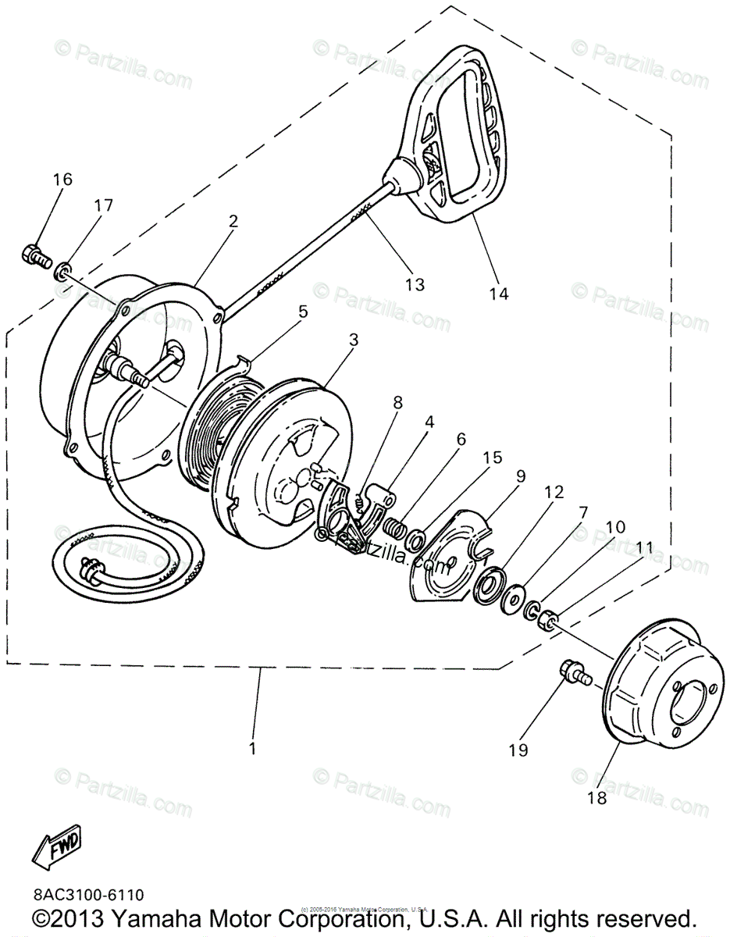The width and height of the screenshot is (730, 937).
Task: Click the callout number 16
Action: click(x=62, y=180)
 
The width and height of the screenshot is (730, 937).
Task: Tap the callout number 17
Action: click(x=104, y=206)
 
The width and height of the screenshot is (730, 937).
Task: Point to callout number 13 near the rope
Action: click(x=415, y=284)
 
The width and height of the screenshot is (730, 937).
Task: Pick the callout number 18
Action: click(x=596, y=797)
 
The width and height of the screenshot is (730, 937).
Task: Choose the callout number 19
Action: click(x=518, y=750)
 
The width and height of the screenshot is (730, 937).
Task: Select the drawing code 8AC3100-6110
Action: click(x=88, y=894)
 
